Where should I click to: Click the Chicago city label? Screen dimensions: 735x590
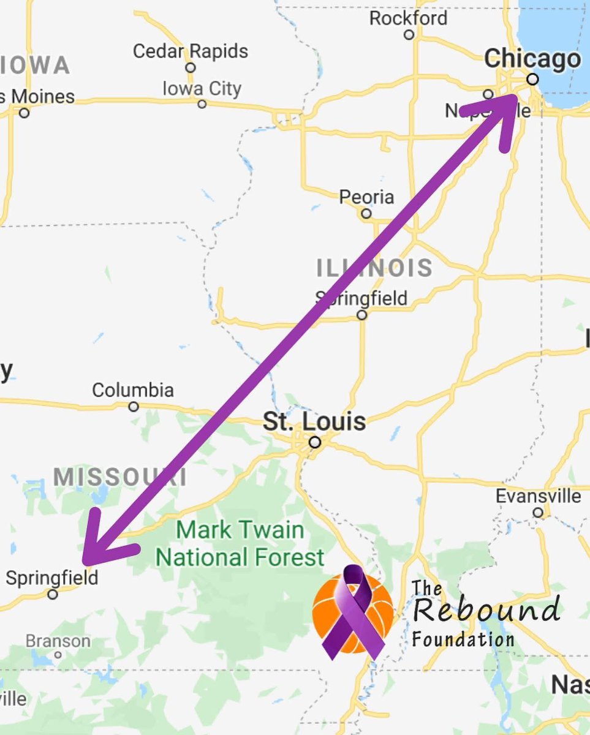click(532, 60)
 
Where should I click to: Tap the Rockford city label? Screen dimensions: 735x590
click(408, 18)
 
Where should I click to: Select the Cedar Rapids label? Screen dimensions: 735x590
click(191, 51)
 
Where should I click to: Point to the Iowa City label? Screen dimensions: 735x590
click(202, 89)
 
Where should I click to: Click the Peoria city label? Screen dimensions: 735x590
click(366, 197)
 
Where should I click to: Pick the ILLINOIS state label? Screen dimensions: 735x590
click(374, 268)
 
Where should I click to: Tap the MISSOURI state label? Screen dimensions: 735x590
click(119, 477)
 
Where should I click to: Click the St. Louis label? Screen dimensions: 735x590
click(314, 421)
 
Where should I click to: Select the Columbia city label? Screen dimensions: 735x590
click(133, 390)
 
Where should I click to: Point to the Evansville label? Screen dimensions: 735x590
click(538, 496)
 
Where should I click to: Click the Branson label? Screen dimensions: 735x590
click(58, 641)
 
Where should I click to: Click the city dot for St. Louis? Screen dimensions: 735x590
click(315, 442)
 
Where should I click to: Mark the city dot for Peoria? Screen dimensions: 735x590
click(366, 214)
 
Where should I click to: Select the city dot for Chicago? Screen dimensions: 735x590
click(532, 79)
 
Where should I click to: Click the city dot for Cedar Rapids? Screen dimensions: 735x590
click(191, 67)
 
